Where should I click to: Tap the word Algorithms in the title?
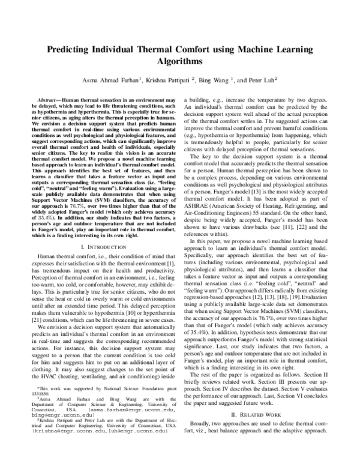(180, 62)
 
